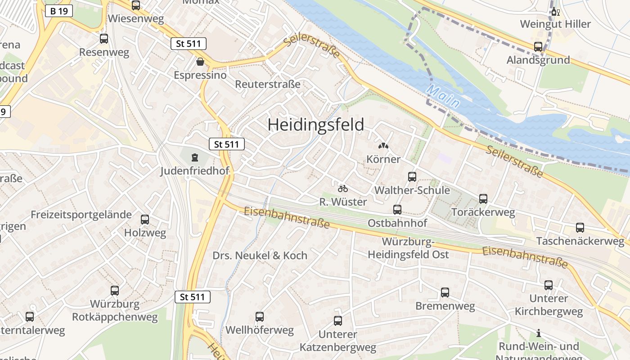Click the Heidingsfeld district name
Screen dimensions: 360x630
(x=315, y=125)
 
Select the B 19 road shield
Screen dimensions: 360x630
(x=59, y=11)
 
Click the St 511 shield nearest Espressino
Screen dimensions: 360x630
(x=189, y=44)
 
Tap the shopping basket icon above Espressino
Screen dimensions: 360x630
(x=200, y=62)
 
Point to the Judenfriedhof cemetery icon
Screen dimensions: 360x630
(x=194, y=157)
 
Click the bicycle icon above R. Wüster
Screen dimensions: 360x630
(x=343, y=188)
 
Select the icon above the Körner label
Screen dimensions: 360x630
(x=383, y=146)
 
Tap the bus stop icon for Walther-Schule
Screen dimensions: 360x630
(x=412, y=177)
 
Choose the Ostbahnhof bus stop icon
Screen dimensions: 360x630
(x=397, y=210)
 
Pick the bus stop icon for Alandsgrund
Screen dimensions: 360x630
(x=538, y=47)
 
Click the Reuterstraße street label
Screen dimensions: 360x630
(x=267, y=84)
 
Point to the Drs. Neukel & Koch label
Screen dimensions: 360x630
(x=260, y=256)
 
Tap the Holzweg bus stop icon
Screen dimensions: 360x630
(x=145, y=220)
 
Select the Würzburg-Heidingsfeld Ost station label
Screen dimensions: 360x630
(x=408, y=248)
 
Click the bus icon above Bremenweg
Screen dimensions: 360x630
(x=445, y=292)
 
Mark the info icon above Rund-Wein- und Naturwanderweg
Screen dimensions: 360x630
(x=539, y=333)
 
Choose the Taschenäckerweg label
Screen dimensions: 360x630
(x=580, y=241)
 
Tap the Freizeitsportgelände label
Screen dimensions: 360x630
(x=81, y=215)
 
